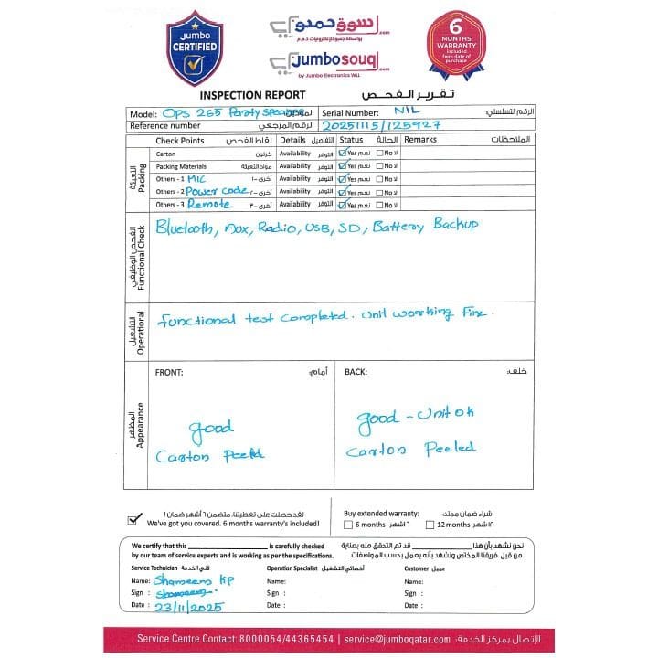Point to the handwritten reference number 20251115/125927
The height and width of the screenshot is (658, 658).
click(x=375, y=124)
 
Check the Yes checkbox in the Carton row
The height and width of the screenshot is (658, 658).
click(x=343, y=154)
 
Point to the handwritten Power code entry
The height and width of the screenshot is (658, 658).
click(x=215, y=191)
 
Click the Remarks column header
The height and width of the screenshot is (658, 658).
click(x=421, y=140)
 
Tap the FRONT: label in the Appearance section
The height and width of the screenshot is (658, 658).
click(x=169, y=372)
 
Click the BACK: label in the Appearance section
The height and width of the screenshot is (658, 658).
click(x=355, y=372)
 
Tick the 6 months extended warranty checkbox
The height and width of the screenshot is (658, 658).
click(x=348, y=525)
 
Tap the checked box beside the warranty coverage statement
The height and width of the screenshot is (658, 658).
click(x=135, y=518)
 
